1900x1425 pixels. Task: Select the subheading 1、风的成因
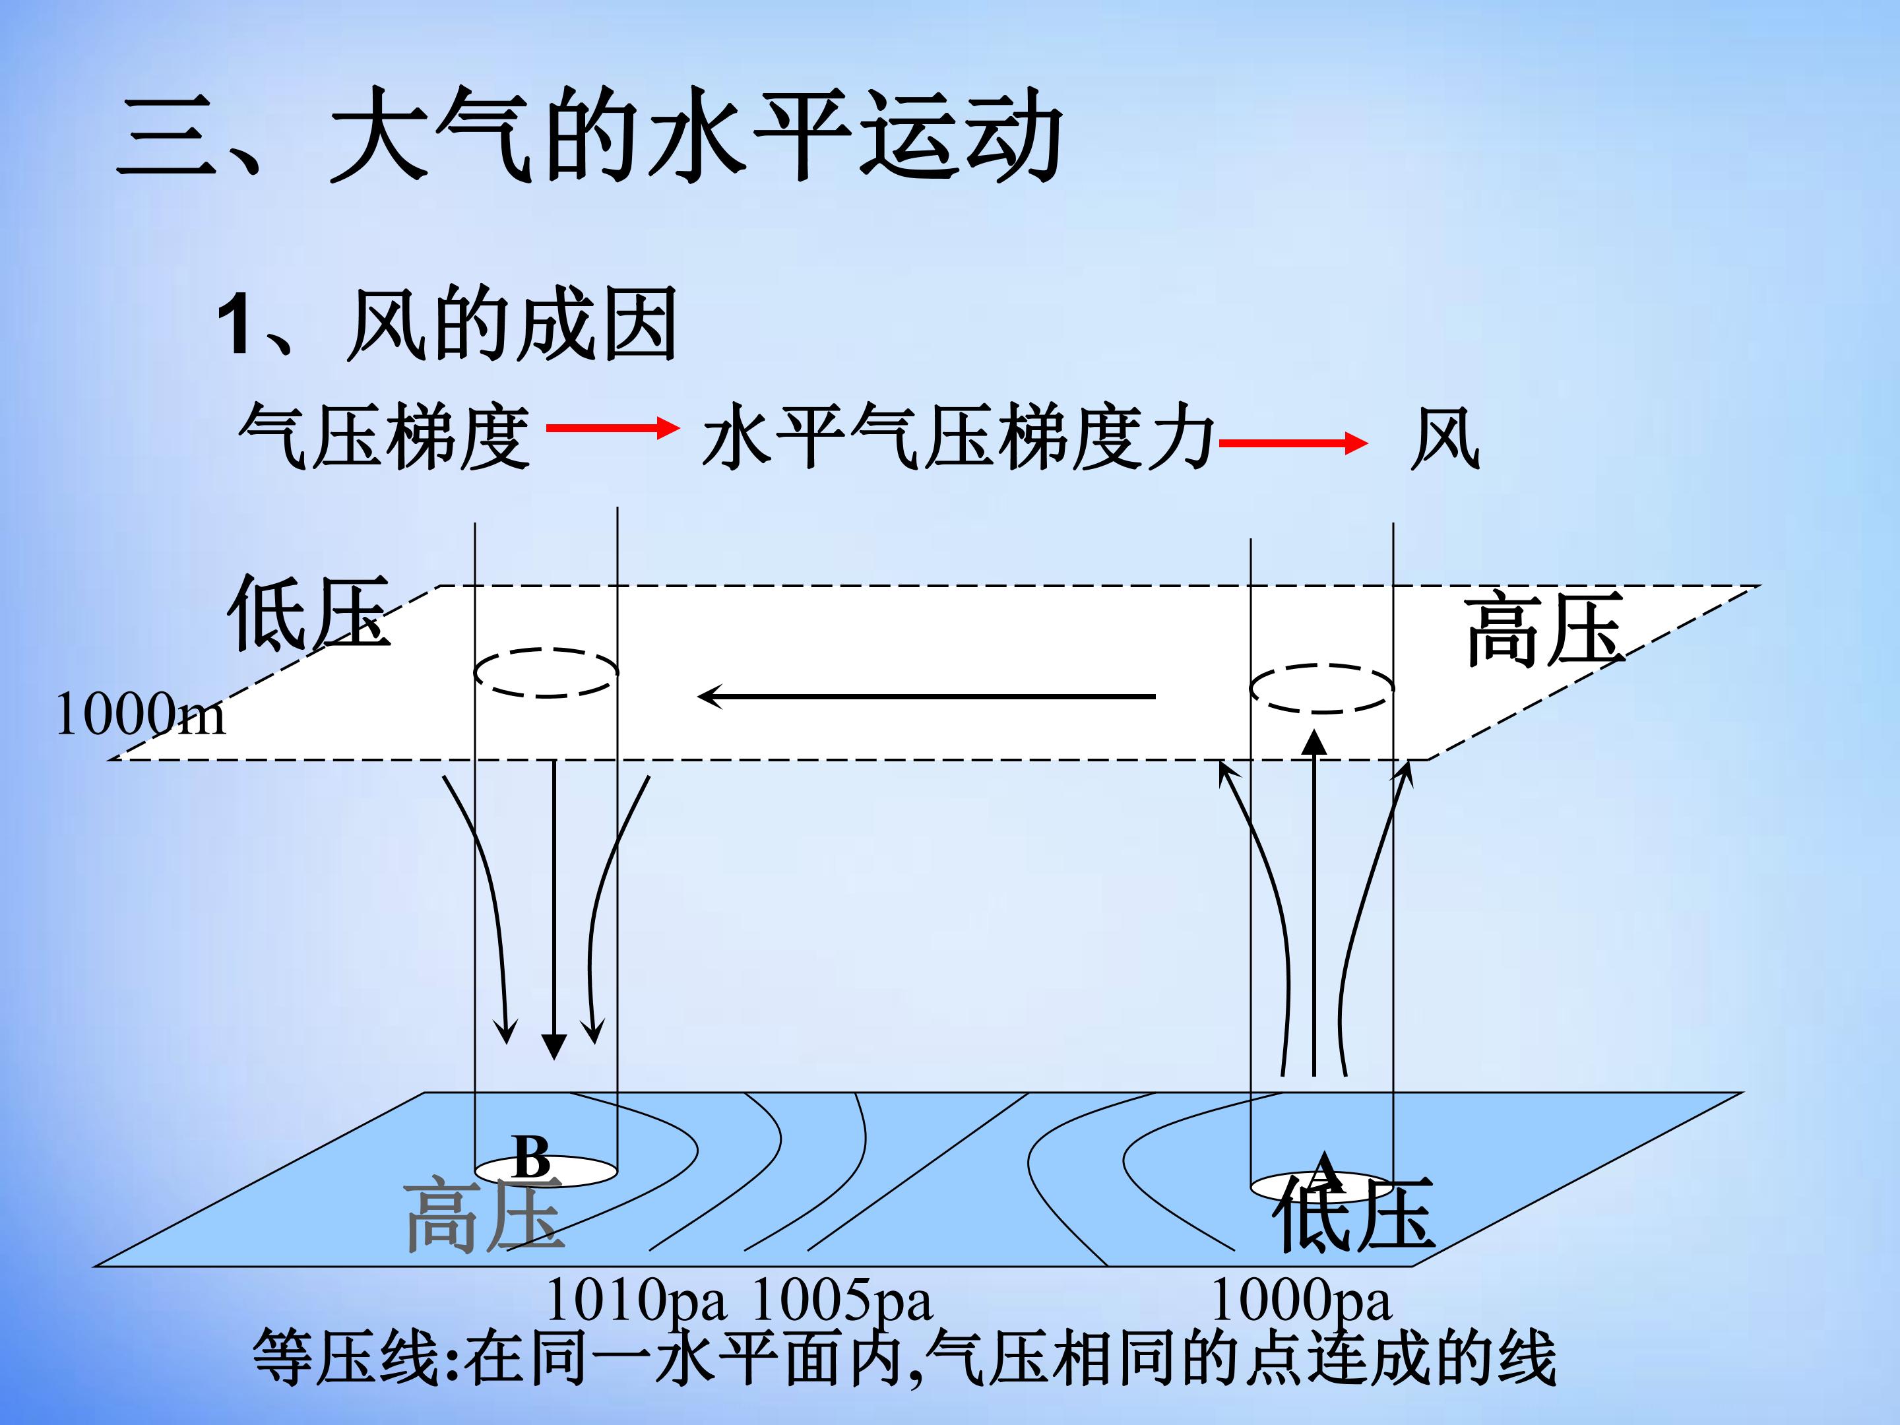pyautogui.click(x=447, y=324)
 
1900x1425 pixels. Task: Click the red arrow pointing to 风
pyautogui.click(x=1292, y=443)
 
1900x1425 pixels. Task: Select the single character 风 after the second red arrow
pyautogui.click(x=1445, y=438)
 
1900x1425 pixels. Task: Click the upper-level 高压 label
pyautogui.click(x=1544, y=629)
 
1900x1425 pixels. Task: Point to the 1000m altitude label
pyautogui.click(x=140, y=714)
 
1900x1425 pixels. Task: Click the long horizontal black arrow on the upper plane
pyautogui.click(x=926, y=696)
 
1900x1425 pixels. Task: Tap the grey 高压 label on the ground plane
pyautogui.click(x=484, y=1214)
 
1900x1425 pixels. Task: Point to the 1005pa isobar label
pyautogui.click(x=842, y=1300)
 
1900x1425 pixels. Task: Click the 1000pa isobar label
pyautogui.click(x=1300, y=1300)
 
